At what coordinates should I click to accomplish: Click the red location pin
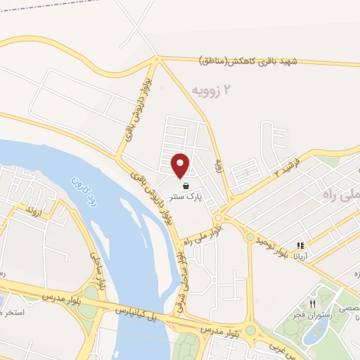[181, 166]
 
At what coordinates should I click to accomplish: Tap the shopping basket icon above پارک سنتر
[186, 186]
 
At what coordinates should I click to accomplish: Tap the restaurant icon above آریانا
[301, 246]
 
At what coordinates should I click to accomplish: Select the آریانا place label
[301, 258]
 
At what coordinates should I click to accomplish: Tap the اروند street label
[34, 210]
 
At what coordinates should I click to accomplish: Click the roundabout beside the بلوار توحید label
[250, 237]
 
